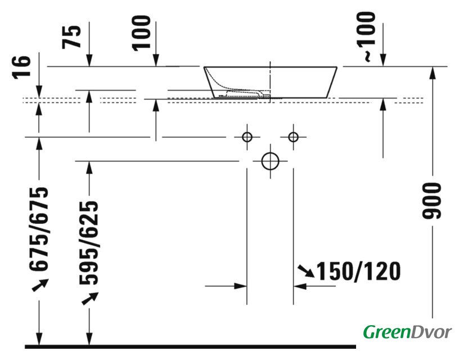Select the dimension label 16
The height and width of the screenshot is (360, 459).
coord(21,67)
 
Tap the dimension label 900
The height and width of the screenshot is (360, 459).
coord(431,201)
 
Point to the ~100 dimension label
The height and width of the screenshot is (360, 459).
coord(366,37)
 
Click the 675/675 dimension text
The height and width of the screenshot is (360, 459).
coord(39,228)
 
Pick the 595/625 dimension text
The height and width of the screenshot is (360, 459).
coord(89,242)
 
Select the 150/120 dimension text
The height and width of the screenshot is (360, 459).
coord(359,271)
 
